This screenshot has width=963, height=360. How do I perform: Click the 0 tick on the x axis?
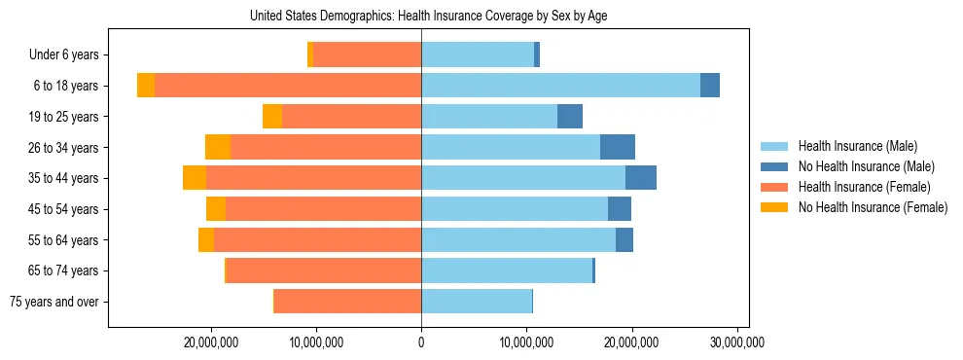point(421,342)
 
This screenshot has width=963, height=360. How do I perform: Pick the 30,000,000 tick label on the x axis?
point(737,342)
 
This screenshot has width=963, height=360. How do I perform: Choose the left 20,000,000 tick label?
point(211,342)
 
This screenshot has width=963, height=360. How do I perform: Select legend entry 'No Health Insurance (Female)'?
point(873,207)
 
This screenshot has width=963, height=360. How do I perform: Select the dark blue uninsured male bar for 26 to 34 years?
point(618,147)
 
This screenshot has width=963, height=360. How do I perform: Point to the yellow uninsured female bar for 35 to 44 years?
point(195,178)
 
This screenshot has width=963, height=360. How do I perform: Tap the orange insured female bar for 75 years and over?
point(347,302)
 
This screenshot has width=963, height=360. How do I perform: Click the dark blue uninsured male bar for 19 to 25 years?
point(570,117)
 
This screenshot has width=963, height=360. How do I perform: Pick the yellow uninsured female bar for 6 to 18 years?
point(146,86)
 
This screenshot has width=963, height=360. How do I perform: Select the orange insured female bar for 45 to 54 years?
point(323,209)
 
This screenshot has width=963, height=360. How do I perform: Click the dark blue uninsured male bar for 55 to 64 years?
point(624,239)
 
